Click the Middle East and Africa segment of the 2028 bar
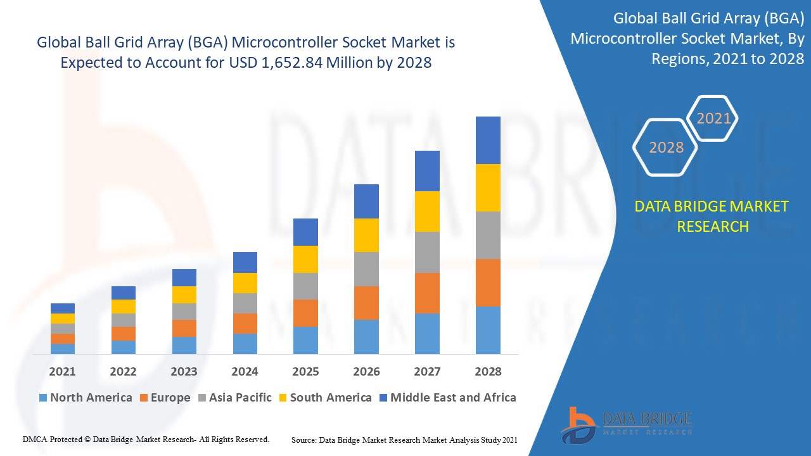488,140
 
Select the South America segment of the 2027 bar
427,212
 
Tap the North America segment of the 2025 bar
305,340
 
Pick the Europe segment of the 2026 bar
366,303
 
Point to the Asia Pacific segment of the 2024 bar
245,303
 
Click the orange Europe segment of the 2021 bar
63,339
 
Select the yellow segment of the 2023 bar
184,294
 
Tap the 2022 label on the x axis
123,372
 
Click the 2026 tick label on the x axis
366,372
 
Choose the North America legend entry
86,398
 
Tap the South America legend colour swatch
283,398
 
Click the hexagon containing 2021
713,118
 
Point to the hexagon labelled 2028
666,148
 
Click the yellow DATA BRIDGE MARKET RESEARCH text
712,217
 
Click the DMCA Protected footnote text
146,439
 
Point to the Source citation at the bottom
404,440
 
